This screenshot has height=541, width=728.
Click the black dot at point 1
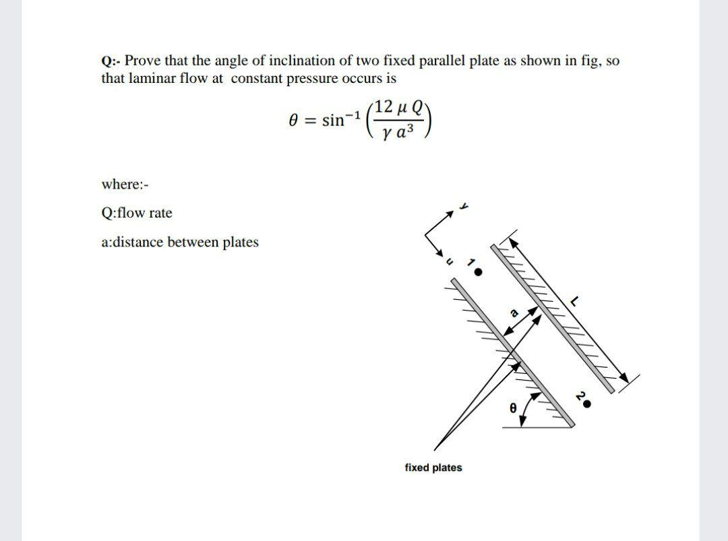pos(479,273)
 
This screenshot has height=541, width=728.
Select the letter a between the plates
pos(514,312)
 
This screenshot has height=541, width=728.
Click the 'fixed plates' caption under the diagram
pos(433,468)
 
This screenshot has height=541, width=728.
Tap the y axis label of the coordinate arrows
pos(464,205)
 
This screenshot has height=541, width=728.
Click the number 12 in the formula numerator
pos(385,106)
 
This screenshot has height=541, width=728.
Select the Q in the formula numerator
pos(418,106)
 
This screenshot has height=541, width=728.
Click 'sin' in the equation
pos(333,121)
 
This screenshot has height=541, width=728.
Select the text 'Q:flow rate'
pos(137,213)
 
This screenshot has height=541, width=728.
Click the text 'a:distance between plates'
pos(180,242)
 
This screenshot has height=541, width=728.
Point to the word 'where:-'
pos(124,184)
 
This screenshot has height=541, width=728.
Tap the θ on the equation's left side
pos(293,121)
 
